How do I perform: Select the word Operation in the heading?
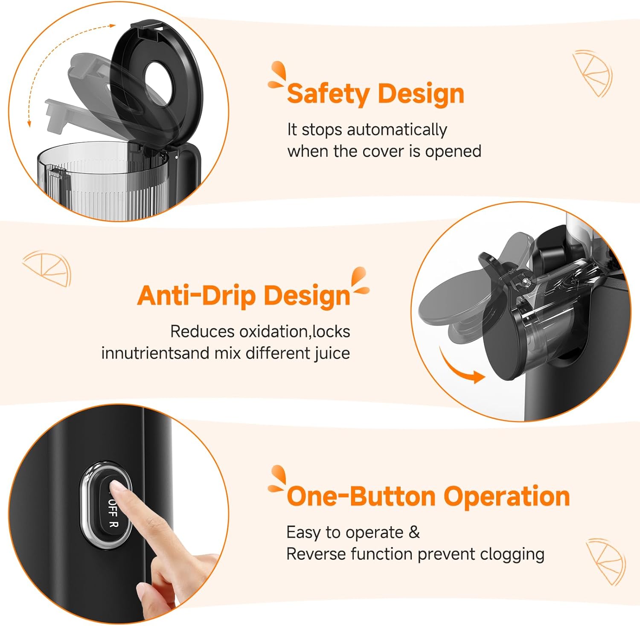tap(507, 496)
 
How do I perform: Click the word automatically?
tap(397, 130)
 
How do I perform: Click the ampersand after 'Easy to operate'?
tap(414, 533)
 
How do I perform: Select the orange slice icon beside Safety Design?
tap(592, 73)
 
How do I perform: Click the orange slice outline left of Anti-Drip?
tap(47, 268)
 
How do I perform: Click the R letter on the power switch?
tap(113, 524)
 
